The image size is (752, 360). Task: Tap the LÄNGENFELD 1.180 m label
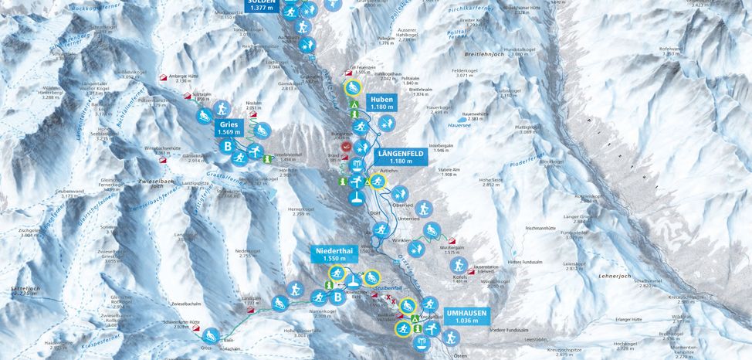coord(399,158)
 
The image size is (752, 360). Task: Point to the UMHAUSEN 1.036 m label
coord(466,316)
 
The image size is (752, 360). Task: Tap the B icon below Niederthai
coord(337,297)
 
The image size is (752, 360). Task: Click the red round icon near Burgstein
coord(346,144)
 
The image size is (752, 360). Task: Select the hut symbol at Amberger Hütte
coord(163,79)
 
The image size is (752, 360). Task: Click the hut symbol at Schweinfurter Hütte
coord(209,330)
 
